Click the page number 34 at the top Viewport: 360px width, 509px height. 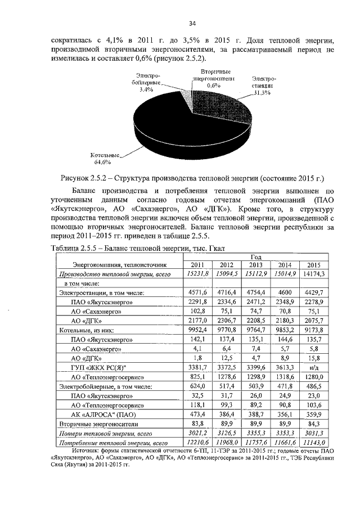click(x=191, y=23)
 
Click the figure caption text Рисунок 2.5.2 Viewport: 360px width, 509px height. click(x=191, y=179)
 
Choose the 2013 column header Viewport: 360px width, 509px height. click(x=255, y=264)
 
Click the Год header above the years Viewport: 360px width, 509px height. click(x=256, y=256)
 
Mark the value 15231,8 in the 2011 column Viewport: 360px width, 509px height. click(x=197, y=273)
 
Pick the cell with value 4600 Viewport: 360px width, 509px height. click(x=284, y=292)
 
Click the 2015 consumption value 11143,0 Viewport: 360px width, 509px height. click(x=313, y=443)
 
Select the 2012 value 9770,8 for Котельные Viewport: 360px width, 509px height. click(x=227, y=330)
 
